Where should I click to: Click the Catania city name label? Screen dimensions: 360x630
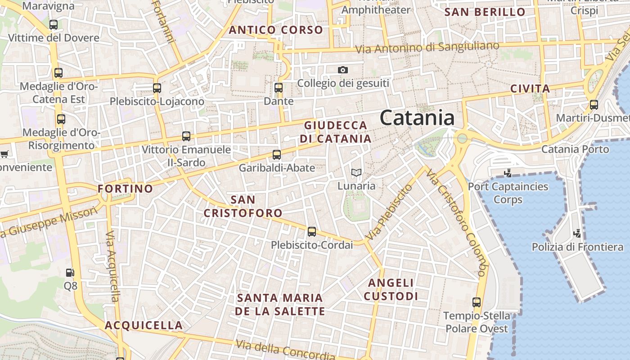pyautogui.click(x=417, y=118)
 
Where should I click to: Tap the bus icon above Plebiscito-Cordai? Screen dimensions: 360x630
pyautogui.click(x=311, y=232)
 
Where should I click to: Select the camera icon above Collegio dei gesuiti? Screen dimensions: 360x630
pyautogui.click(x=343, y=70)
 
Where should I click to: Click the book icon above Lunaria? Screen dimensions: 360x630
pyautogui.click(x=356, y=172)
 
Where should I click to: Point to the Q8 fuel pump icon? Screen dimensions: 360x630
pyautogui.click(x=70, y=272)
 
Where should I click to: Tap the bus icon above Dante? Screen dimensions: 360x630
pyautogui.click(x=279, y=88)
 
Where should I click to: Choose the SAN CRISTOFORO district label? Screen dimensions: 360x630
pyautogui.click(x=243, y=206)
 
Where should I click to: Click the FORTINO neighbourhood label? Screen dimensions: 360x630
pyautogui.click(x=126, y=189)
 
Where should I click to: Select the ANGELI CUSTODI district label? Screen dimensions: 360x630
pyautogui.click(x=391, y=289)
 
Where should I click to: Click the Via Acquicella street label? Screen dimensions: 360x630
pyautogui.click(x=112, y=266)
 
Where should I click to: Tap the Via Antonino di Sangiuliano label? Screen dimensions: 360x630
pyautogui.click(x=427, y=47)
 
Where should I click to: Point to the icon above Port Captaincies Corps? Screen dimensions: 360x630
pyautogui.click(x=508, y=173)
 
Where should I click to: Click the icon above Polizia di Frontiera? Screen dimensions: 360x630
pyautogui.click(x=577, y=234)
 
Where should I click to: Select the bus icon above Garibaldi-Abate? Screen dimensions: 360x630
pyautogui.click(x=277, y=155)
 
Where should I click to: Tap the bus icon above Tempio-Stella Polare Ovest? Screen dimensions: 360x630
pyautogui.click(x=477, y=302)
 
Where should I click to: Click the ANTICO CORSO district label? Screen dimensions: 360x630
pyautogui.click(x=276, y=30)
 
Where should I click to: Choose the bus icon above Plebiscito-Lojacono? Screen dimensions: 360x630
pyautogui.click(x=157, y=88)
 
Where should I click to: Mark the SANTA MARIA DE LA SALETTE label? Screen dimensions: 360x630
pyautogui.click(x=280, y=305)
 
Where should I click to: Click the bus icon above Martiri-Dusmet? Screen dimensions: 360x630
pyautogui.click(x=594, y=105)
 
